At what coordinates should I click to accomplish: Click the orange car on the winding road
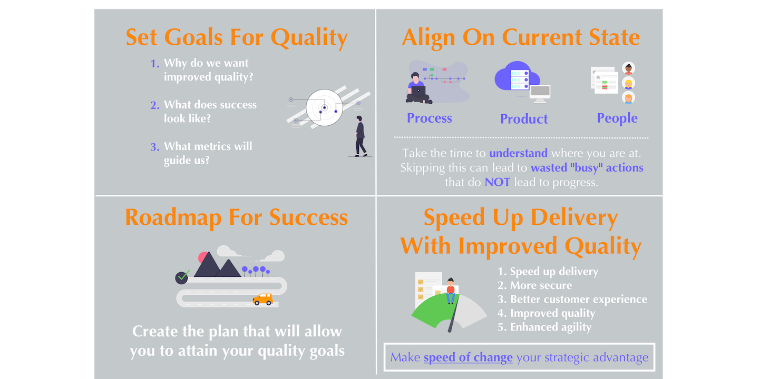click(262, 299)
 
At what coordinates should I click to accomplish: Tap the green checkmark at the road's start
click(183, 275)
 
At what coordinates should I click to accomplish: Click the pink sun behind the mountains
click(202, 257)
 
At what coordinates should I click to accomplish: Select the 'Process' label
click(429, 118)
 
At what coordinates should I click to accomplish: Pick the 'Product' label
click(524, 119)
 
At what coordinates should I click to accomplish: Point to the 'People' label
click(617, 118)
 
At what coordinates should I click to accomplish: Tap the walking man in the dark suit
click(360, 136)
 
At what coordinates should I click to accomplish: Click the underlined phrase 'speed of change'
click(468, 357)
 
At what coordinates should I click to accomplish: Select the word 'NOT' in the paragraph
click(497, 182)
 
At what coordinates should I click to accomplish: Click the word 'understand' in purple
click(518, 153)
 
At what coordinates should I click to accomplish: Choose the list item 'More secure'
click(541, 285)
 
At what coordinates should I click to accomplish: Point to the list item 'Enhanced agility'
click(551, 327)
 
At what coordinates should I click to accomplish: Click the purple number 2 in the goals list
click(154, 105)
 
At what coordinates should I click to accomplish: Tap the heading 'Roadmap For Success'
click(237, 217)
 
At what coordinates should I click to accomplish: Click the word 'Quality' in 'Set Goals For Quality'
click(309, 37)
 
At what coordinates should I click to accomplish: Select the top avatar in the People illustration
click(628, 68)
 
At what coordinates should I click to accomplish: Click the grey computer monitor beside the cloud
click(540, 93)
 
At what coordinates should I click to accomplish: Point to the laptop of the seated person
click(418, 92)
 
